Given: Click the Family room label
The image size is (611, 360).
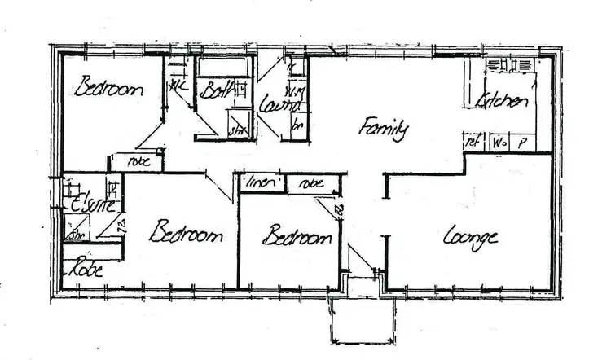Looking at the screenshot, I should click(383, 130).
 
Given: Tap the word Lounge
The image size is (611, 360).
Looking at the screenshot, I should click(470, 238).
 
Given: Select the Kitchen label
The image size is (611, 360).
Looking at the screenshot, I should click(503, 101).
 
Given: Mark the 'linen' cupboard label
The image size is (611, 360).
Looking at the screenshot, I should click(260, 182).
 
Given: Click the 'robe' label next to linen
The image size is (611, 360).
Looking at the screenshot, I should click(311, 183).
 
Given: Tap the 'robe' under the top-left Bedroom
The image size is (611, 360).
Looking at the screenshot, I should click(137, 161).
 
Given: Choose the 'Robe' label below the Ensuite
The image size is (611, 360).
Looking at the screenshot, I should click(86, 266).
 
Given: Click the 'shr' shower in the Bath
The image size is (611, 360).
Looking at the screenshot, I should click(237, 128).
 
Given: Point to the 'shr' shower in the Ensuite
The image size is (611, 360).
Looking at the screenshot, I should click(77, 235).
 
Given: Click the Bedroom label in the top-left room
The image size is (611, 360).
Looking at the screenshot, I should click(108, 88).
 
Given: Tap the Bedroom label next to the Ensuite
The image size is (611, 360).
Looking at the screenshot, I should click(186, 235).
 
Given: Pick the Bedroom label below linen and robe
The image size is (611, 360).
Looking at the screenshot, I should click(297, 238).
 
